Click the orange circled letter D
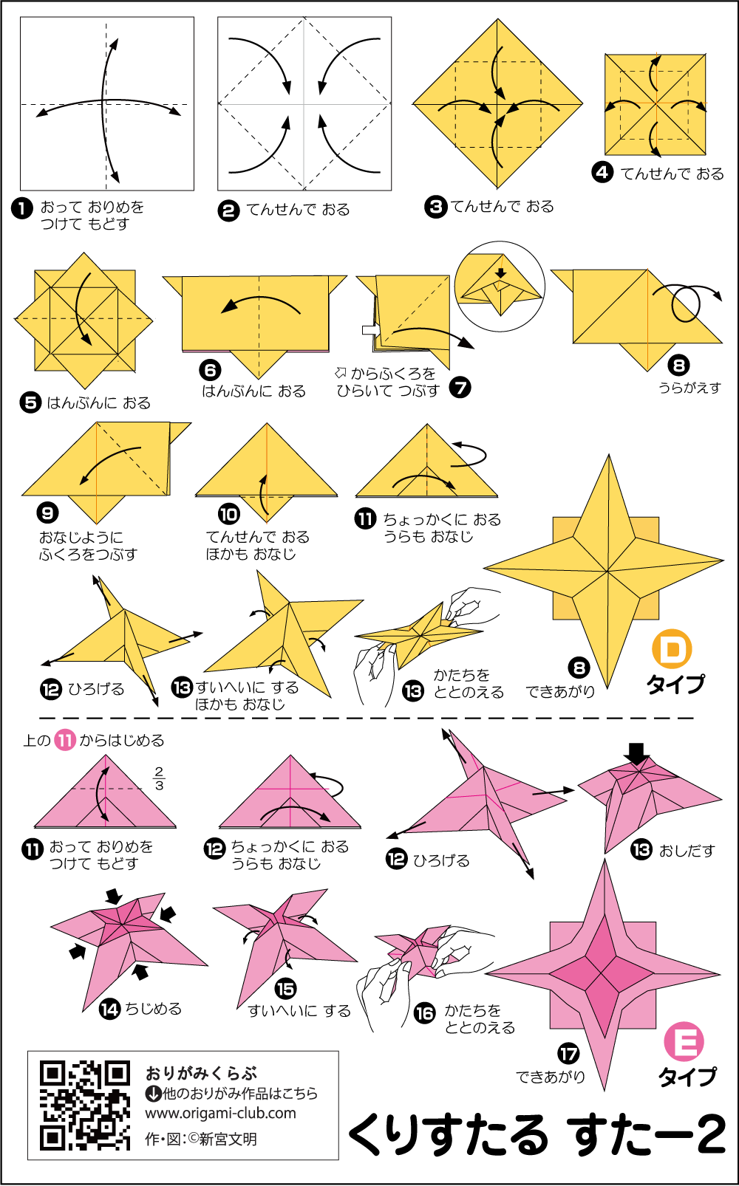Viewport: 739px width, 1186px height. click(x=672, y=649)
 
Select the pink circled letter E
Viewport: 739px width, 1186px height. click(x=684, y=1041)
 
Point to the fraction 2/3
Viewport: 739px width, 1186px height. click(x=159, y=778)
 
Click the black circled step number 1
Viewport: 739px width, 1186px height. click(x=22, y=208)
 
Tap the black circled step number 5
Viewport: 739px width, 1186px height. click(x=31, y=403)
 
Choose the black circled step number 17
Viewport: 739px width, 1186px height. click(x=568, y=1054)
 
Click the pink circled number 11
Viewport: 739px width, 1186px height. click(x=65, y=740)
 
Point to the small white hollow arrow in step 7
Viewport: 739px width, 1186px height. click(x=370, y=330)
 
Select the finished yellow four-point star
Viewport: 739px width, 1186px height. click(x=603, y=571)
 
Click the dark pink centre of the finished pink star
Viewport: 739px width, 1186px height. click(x=602, y=973)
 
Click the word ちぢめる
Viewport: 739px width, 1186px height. click(x=153, y=1009)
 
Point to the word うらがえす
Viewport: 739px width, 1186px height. click(x=689, y=388)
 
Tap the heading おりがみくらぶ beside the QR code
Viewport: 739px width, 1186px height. click(x=201, y=1073)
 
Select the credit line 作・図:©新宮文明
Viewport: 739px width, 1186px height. click(x=201, y=1139)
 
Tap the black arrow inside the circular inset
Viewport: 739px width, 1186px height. click(x=500, y=273)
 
